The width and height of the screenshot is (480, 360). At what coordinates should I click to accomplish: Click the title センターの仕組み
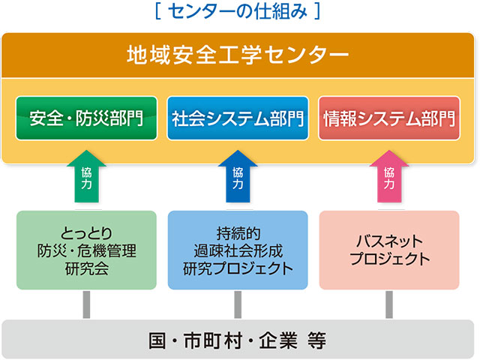238,11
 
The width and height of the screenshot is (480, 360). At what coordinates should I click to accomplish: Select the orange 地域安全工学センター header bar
238,55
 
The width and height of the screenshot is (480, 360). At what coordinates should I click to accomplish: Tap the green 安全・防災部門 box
87,118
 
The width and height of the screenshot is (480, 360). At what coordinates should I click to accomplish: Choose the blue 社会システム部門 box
238,118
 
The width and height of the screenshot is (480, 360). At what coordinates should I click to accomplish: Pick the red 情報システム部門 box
389,118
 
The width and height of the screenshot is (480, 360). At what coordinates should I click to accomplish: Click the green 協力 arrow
87,176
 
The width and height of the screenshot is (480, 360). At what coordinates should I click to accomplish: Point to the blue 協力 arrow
238,176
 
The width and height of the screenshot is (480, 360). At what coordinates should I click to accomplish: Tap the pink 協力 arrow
389,176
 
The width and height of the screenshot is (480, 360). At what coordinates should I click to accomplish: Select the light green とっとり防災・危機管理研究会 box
87,250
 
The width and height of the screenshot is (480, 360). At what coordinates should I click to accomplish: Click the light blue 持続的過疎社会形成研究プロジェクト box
238,250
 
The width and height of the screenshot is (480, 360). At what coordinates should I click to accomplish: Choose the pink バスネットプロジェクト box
389,250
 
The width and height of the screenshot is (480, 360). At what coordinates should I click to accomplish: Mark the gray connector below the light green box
87,304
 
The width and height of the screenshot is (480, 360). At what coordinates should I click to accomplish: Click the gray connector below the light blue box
238,304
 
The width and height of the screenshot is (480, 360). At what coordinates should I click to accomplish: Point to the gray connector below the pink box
389,304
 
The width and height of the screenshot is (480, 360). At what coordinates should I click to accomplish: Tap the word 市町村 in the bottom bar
213,340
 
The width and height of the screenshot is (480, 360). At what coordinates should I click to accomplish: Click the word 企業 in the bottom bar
278,340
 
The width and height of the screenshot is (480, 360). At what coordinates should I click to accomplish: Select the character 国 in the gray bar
157,340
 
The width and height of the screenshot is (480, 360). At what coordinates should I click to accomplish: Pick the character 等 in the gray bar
317,340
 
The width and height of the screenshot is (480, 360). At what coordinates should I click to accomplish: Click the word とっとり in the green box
87,233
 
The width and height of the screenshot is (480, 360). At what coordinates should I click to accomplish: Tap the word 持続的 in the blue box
238,233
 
